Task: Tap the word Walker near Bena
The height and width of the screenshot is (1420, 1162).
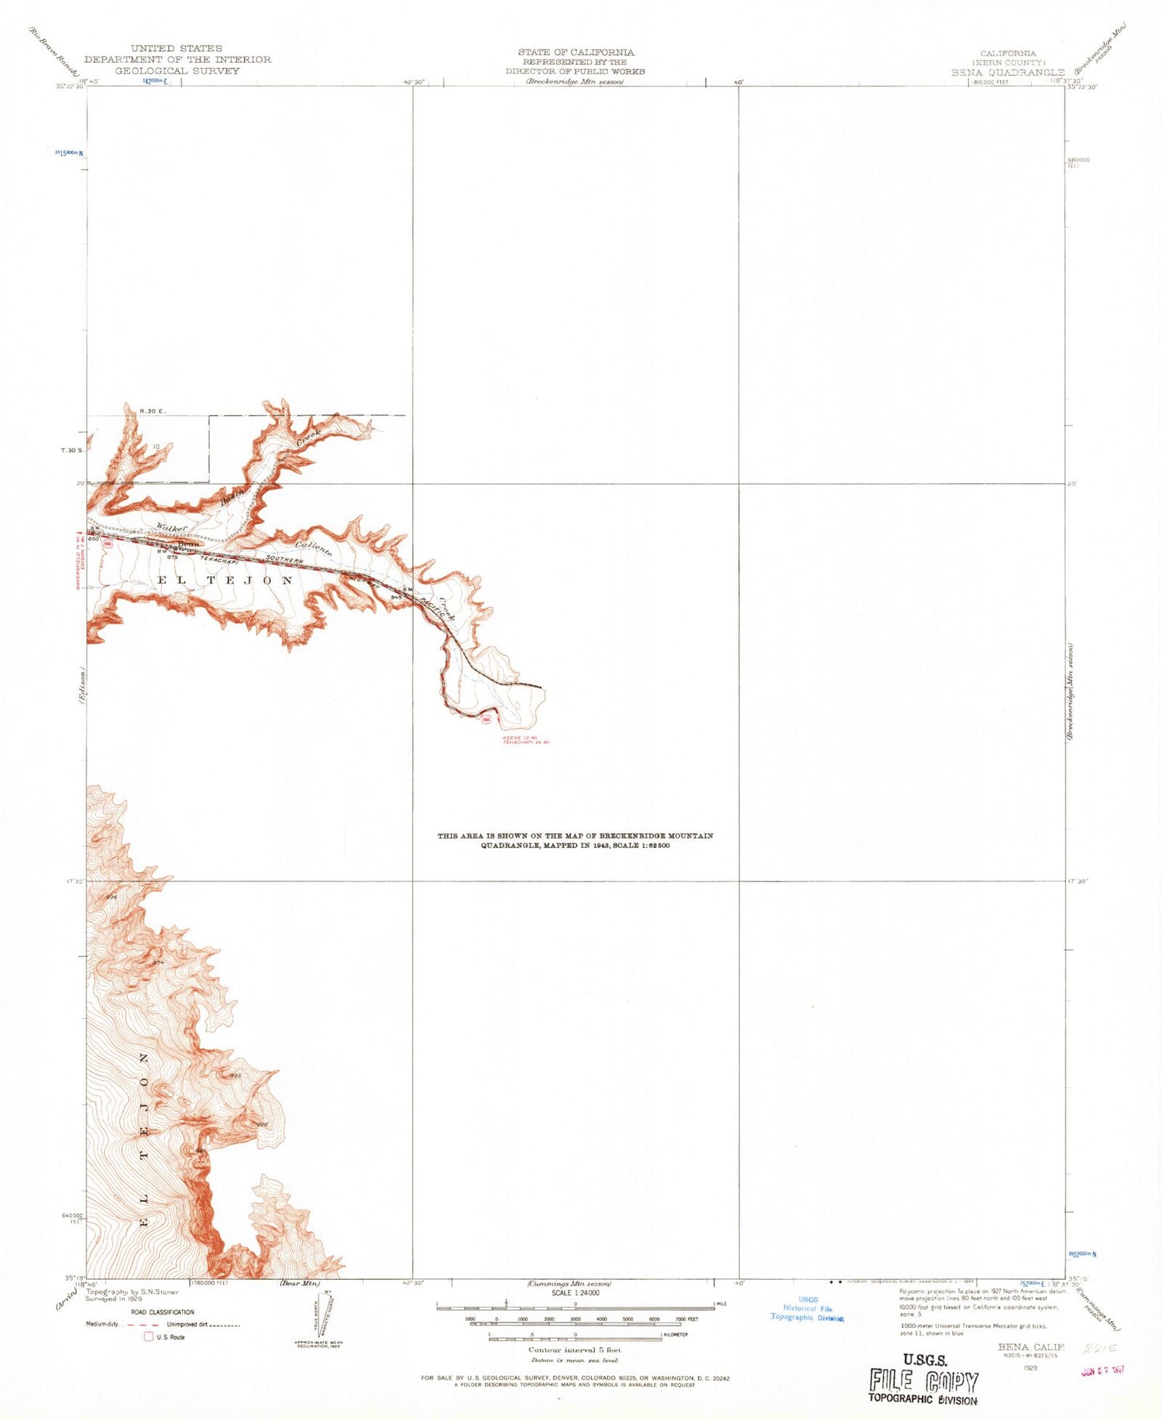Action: click(171, 526)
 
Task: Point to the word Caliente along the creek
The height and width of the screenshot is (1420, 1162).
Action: click(314, 547)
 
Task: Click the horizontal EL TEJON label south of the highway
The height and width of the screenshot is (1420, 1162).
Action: click(226, 580)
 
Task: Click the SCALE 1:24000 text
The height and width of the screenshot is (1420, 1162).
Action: click(574, 1293)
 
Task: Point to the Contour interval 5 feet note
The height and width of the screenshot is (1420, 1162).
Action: click(574, 1350)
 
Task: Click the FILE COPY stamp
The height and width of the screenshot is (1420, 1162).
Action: click(923, 1381)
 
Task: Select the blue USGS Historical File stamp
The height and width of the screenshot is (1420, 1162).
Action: click(806, 1309)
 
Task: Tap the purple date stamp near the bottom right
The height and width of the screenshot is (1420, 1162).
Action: click(1102, 1370)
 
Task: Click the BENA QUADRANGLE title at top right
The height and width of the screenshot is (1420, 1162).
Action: click(1008, 72)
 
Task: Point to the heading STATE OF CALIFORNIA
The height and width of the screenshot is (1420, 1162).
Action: click(576, 52)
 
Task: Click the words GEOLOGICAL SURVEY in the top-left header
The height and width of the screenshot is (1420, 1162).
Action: click(177, 70)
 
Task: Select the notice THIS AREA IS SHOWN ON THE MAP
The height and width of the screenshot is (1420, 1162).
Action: click(575, 835)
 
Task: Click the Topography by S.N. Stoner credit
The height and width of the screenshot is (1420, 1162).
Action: click(132, 1292)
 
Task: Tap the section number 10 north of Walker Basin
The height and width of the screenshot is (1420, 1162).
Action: click(156, 446)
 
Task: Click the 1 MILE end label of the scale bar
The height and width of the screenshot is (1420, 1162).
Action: click(722, 1305)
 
